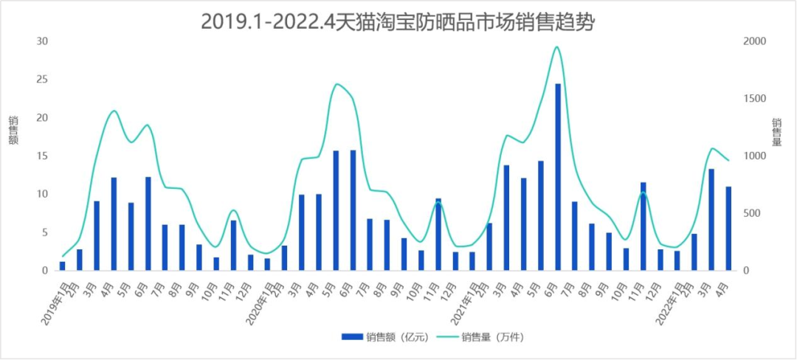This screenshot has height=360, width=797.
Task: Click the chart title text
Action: pos(398,22)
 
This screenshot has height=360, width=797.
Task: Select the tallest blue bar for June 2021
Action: pos(558,177)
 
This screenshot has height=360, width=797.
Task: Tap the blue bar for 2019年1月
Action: pos(63,266)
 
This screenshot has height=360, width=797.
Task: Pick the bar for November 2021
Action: pos(644,226)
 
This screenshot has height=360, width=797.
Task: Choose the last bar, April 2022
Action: pos(728,229)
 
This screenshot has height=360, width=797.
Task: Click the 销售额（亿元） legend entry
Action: pos(384,337)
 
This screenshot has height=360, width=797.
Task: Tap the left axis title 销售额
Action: pos(13,130)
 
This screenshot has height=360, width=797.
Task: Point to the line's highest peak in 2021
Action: pos(557,47)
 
